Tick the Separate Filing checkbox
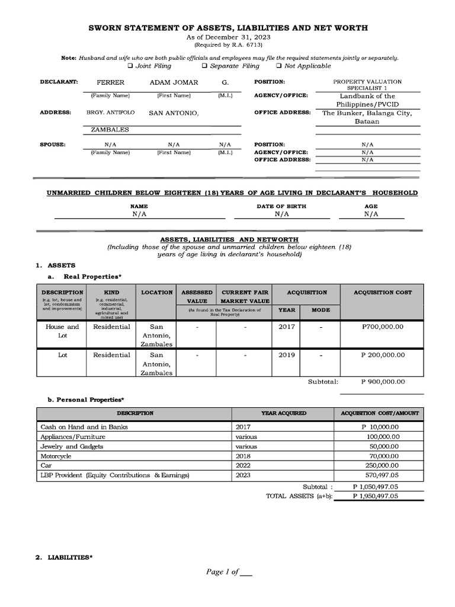tap(204, 66)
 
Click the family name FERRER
tap(110, 82)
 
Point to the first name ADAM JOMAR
tap(174, 82)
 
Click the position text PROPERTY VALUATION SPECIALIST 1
tap(367, 85)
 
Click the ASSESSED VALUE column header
tap(196, 296)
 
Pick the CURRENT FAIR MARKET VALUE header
tap(244, 296)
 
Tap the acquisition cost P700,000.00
tap(382, 327)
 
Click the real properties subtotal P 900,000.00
tap(382, 382)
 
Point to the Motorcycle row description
tap(55, 456)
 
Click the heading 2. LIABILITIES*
tap(62, 558)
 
